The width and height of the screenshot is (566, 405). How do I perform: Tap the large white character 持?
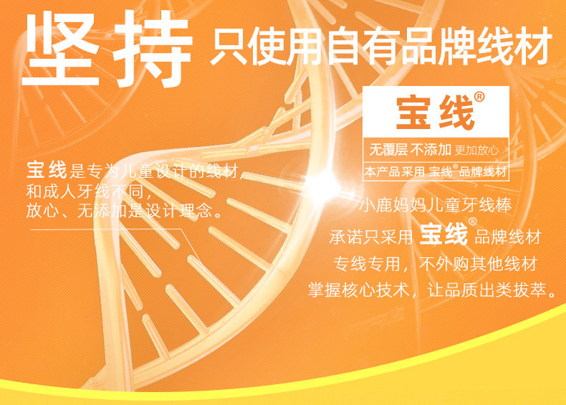pos(153,49)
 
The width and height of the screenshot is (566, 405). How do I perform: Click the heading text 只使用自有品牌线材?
pos(381,47)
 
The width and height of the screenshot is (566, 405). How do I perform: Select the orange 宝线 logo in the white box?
pos(436,113)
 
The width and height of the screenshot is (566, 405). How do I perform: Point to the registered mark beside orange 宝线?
pos(479,97)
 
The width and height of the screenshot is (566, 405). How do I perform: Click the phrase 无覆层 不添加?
pos(411,149)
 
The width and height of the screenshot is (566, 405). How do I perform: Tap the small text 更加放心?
pos(477,150)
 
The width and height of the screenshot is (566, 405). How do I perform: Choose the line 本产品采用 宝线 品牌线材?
pos(436,171)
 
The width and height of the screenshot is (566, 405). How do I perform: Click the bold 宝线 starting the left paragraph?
pos(47,170)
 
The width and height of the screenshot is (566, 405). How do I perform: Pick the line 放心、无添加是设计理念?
pos(125,210)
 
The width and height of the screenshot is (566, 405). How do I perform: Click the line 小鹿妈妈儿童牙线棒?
pos(436,205)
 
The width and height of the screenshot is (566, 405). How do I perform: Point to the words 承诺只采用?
pos(371,237)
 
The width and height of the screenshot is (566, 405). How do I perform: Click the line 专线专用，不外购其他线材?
pos(436,264)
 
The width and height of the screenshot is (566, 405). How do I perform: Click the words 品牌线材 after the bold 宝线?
pos(508,237)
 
